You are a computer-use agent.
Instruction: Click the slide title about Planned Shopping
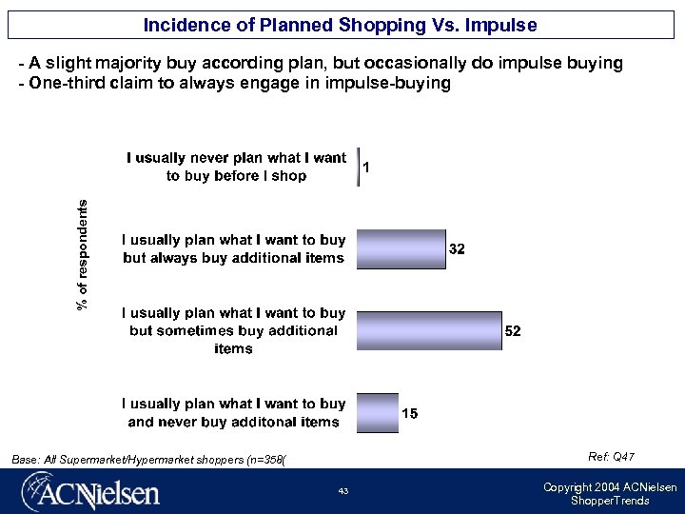click(341, 25)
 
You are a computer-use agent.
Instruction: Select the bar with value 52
click(429, 330)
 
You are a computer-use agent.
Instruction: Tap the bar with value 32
click(401, 249)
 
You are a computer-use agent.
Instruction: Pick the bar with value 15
click(378, 413)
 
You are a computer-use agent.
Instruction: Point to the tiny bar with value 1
click(358, 168)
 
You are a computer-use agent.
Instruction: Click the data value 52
click(513, 331)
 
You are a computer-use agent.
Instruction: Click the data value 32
click(457, 249)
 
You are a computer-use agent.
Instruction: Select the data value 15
click(409, 414)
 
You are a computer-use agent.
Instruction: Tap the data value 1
click(367, 168)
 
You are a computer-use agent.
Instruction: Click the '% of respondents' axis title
click(84, 253)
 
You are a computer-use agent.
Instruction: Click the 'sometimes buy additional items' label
click(234, 330)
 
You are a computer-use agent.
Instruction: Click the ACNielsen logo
click(91, 494)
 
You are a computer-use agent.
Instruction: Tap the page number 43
click(342, 491)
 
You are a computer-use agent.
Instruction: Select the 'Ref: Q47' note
click(611, 458)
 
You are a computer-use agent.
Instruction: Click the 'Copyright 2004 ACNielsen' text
click(610, 487)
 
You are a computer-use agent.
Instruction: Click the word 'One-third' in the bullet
click(68, 84)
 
